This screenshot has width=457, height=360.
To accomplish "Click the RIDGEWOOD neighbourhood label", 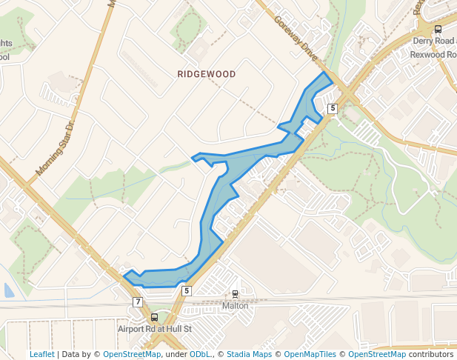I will (207, 75).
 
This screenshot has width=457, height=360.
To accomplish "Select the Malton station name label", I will (236, 305).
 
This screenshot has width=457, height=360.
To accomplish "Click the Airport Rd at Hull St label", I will (154, 328).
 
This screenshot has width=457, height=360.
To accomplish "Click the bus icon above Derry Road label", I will (438, 30).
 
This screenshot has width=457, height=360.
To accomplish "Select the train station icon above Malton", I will (236, 294).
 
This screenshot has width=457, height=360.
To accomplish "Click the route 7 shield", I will (138, 302).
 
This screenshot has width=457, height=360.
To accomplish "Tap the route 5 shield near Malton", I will (187, 291).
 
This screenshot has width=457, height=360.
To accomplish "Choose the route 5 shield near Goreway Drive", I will (333, 109).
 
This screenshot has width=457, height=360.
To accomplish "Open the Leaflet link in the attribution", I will (41, 354).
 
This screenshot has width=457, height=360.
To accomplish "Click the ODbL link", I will (200, 354).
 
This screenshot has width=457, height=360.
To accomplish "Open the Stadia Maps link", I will (247, 354).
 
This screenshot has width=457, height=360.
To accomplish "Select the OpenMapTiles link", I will (310, 354).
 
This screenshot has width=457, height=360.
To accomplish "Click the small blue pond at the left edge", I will (8, 290).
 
